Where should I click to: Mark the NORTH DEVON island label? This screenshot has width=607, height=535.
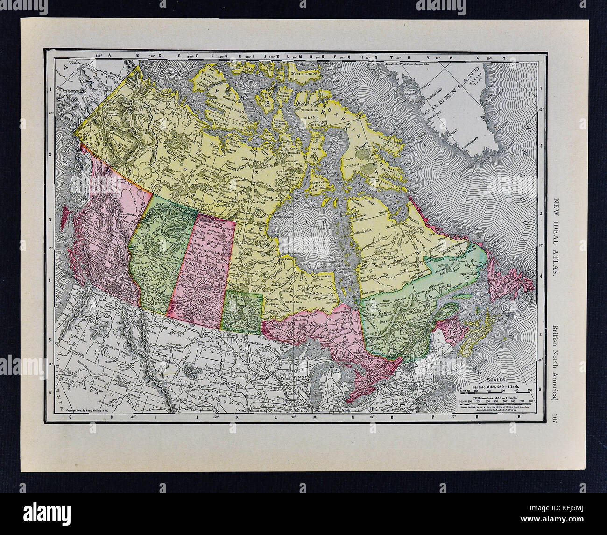304,75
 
